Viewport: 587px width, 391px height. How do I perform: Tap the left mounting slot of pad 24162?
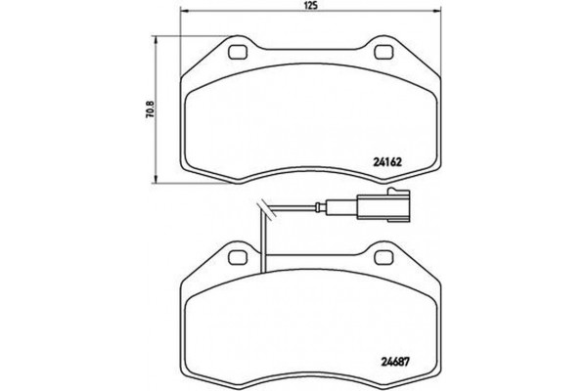237,53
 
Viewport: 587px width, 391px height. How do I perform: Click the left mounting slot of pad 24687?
237,257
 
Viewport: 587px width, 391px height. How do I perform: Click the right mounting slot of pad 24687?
379,257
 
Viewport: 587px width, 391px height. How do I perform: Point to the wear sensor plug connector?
379,208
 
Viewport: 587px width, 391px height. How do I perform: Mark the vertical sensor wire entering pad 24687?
264,239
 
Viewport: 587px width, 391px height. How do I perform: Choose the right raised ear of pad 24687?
380,253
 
